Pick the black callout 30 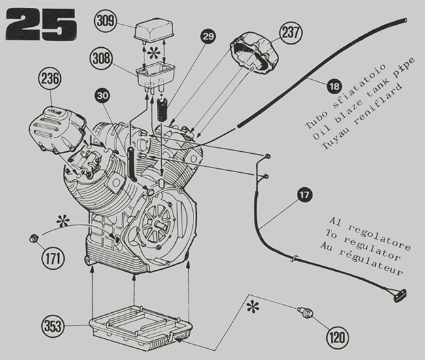pos(102,96)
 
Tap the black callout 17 pos(304,194)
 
